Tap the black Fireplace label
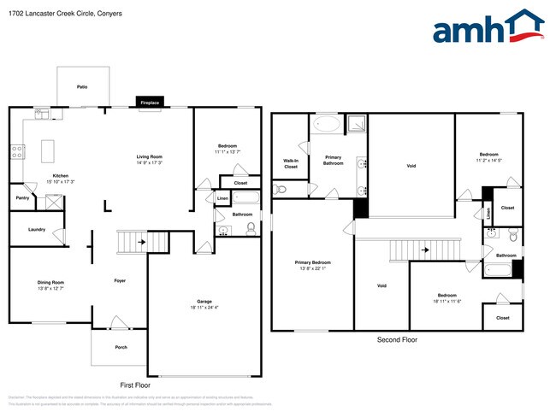150,103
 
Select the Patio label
82,87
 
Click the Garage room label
204,302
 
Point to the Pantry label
21,198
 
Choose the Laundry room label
36,229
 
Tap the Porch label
121,347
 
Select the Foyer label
121,280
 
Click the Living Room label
150,156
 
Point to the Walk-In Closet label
291,163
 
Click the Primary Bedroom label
312,262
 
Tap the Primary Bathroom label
333,160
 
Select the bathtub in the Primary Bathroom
326,125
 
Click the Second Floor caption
397,339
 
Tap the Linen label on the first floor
222,198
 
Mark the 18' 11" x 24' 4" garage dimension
204,308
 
